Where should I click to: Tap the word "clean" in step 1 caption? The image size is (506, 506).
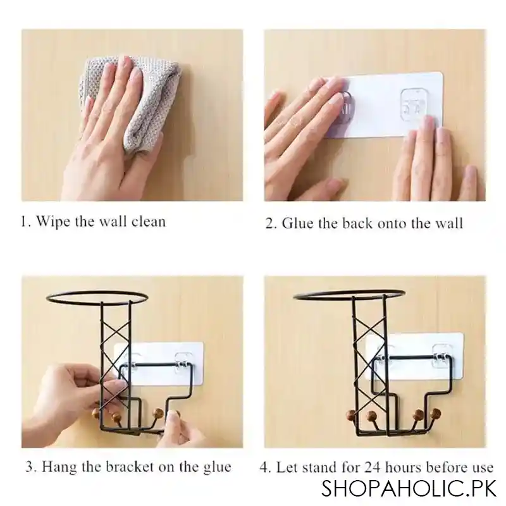point(149,221)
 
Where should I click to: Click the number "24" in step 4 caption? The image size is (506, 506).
point(373,467)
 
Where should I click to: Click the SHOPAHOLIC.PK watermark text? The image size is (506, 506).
point(409,489)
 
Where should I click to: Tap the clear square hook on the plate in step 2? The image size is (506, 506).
point(414,102)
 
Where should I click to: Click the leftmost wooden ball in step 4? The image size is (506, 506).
point(351,414)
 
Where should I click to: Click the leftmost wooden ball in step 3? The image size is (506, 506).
point(97,413)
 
